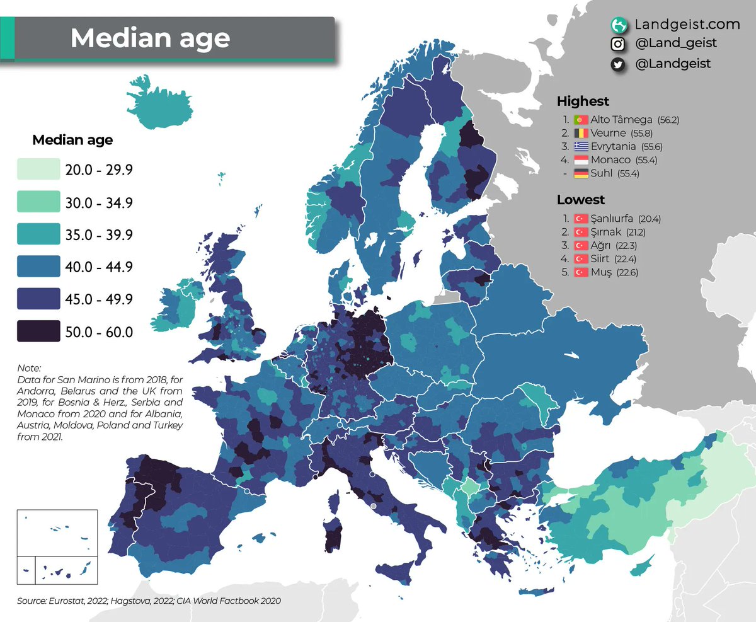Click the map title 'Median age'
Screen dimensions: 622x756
coord(150,38)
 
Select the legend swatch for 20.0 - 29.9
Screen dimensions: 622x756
coord(39,170)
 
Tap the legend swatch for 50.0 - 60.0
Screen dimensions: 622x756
coord(39,331)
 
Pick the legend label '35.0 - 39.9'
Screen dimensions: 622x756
coord(99,235)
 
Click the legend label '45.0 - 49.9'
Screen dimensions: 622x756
coord(99,299)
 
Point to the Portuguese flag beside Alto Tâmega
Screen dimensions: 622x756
coord(580,120)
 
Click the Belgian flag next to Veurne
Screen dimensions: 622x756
coord(580,133)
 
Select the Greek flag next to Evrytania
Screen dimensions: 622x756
coord(580,147)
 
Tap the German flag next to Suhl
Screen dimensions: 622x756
coord(580,173)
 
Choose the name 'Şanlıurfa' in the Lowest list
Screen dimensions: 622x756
coord(612,219)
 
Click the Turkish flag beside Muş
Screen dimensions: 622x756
coord(580,272)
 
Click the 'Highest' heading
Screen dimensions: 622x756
coord(583,101)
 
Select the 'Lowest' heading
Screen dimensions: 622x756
coord(580,200)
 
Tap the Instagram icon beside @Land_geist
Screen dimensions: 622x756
coord(619,44)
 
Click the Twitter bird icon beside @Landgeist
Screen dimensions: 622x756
coord(619,64)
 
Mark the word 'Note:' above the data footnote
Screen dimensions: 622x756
coord(29,368)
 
